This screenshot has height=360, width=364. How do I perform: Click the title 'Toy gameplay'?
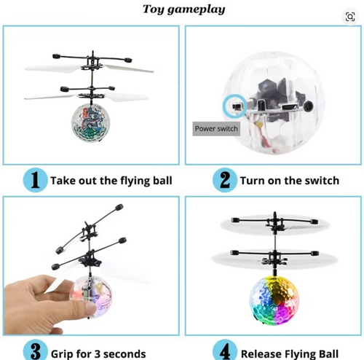tap(183, 9)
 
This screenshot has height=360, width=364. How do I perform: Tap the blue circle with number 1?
tap(33, 180)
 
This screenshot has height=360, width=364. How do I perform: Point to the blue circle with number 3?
tap(33, 351)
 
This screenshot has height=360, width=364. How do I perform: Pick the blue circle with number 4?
tap(226, 351)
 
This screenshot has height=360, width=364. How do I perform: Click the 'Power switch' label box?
tap(217, 129)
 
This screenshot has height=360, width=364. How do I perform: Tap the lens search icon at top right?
tap(350, 16)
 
